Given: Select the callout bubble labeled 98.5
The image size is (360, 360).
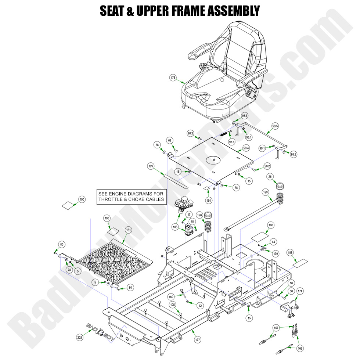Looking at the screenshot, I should click(x=275, y=126).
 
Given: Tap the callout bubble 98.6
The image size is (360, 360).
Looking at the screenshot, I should click(x=231, y=141).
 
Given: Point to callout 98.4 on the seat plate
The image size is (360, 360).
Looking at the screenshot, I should click(x=246, y=148).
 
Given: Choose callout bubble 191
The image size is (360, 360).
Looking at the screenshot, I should click(x=209, y=201).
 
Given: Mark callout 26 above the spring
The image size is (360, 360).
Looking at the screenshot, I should click(x=270, y=177).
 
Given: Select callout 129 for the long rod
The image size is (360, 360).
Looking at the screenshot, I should click(x=265, y=192).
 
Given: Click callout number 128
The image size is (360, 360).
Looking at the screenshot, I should click(x=199, y=215).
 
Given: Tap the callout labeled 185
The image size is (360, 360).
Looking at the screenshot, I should click(x=175, y=227).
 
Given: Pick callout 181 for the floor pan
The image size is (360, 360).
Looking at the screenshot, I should click(x=129, y=230).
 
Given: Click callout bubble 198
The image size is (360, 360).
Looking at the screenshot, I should click(x=271, y=225).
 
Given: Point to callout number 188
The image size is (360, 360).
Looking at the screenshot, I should click(x=290, y=253).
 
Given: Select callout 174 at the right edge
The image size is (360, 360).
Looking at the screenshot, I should click(x=300, y=291).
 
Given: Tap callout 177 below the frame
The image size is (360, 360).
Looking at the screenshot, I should click(x=198, y=340).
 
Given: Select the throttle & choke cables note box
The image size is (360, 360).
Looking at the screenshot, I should click(x=131, y=197).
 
